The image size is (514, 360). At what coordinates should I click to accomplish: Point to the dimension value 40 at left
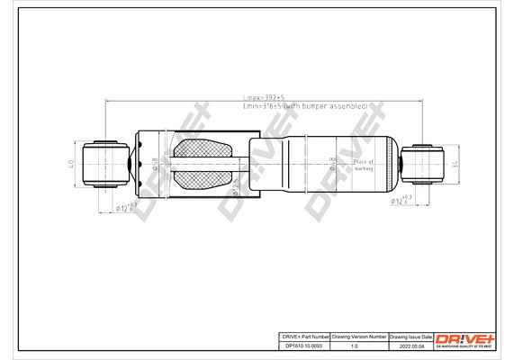coord(71,164)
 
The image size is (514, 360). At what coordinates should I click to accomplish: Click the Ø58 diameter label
coord(156,163)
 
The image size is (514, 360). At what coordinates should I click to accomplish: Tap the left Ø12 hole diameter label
coord(126,208)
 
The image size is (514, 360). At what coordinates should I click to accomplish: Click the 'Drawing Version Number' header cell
coord(359,336)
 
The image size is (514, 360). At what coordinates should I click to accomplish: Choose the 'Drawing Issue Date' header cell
coord(410,336)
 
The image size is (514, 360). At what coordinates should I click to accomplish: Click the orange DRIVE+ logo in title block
coord(465,338)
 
